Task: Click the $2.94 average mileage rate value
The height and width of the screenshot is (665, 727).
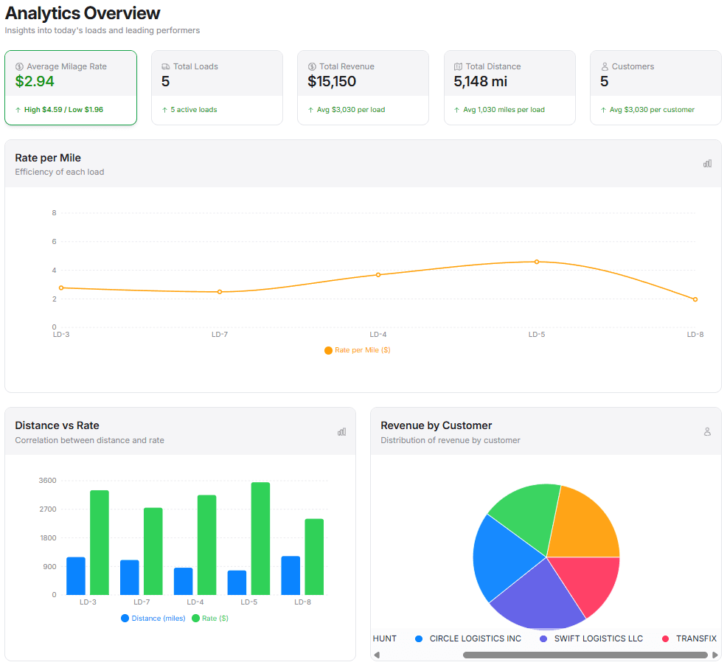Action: click(x=35, y=81)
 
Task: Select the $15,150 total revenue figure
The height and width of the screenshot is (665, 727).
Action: click(x=332, y=81)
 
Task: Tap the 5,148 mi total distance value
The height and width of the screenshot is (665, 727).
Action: click(x=480, y=81)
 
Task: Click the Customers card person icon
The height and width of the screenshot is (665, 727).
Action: click(x=605, y=66)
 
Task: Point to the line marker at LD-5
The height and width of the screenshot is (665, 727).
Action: click(x=537, y=262)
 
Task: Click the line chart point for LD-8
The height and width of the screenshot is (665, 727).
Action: click(x=695, y=299)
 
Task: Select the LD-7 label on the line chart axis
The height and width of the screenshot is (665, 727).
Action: click(x=220, y=335)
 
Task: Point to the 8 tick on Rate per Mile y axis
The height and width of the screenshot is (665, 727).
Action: click(x=54, y=213)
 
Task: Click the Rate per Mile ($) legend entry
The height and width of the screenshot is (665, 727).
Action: click(x=358, y=350)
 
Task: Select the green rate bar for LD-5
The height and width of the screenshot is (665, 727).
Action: click(x=260, y=538)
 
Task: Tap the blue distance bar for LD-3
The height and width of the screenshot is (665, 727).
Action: click(x=76, y=576)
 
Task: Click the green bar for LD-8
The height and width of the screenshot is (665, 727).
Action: click(x=314, y=557)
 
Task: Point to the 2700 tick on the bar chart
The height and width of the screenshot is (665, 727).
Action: click(x=47, y=509)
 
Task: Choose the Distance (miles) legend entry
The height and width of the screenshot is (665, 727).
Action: click(x=153, y=619)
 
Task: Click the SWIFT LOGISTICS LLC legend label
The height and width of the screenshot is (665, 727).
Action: click(x=598, y=638)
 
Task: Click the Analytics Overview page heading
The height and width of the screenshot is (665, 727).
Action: click(x=83, y=13)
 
